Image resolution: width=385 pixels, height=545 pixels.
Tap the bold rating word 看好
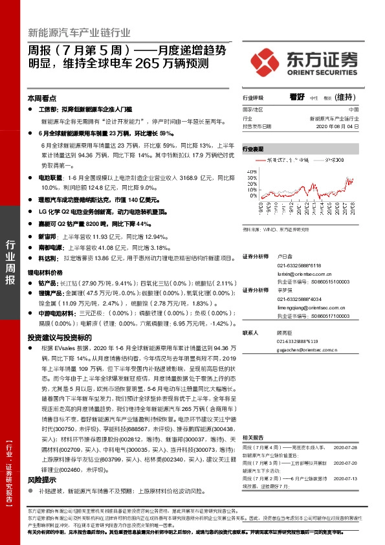pos(297,98)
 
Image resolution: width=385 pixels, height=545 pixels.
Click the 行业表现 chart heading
pos(253,149)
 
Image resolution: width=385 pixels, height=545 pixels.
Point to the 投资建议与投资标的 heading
pos(59,337)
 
